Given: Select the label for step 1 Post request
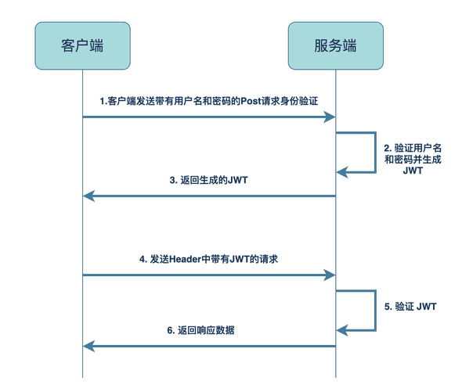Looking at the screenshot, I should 210,102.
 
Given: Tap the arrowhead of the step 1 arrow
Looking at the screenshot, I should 330,117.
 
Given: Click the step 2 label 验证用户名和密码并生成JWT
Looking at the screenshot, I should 413,158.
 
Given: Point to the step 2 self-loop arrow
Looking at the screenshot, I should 374,153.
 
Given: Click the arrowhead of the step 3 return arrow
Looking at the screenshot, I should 88,196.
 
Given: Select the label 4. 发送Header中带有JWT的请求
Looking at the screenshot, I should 209,258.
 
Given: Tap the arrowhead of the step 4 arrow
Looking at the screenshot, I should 330,275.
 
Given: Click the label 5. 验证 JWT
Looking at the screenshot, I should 410,307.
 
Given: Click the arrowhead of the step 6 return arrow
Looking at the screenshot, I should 88,346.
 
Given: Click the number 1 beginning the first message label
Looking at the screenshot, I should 102,102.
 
